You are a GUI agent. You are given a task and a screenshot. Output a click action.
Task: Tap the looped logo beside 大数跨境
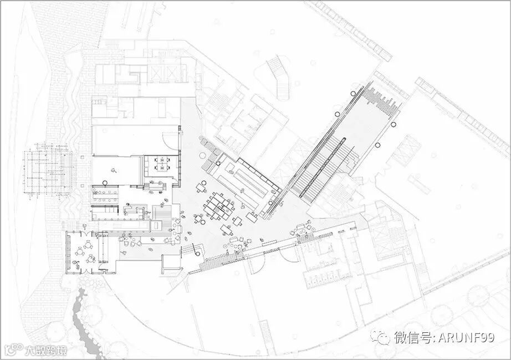pyautogui.click(x=12, y=350)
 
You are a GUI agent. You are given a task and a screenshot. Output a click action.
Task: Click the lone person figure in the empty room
pyautogui.click(x=114, y=171)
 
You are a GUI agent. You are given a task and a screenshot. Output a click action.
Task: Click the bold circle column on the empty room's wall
pyautogui.click(x=104, y=184)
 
